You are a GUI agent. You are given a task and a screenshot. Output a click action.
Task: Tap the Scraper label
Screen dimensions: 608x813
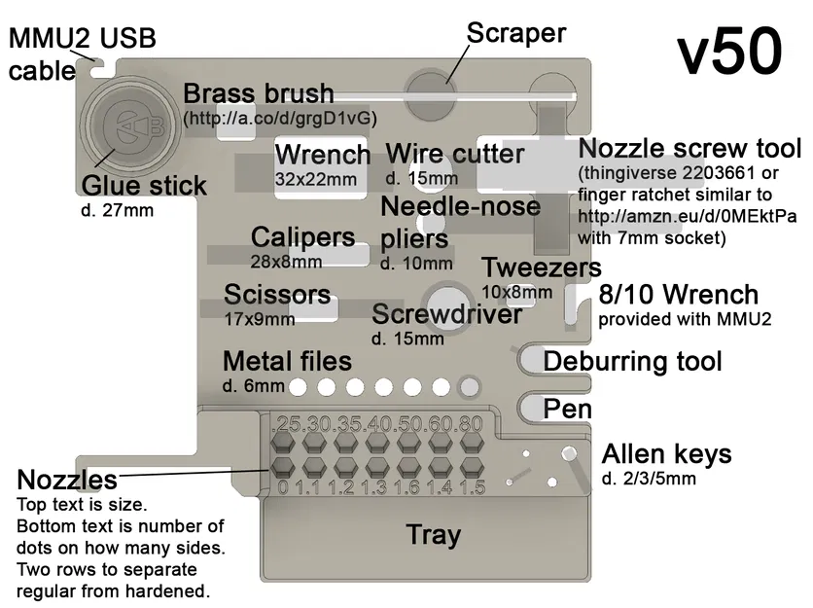point(516,33)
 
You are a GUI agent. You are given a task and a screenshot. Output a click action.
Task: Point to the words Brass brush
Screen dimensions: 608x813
point(259,95)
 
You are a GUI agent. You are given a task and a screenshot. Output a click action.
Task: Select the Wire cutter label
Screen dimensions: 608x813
point(455,155)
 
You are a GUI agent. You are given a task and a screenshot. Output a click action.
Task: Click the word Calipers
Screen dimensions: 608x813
point(302,237)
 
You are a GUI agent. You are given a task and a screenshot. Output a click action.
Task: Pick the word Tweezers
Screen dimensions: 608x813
point(541,268)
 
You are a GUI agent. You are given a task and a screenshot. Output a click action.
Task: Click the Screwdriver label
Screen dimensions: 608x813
point(446,314)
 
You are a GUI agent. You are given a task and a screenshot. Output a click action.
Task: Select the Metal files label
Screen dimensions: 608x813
point(287,362)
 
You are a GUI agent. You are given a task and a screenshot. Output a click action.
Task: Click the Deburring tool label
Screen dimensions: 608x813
point(632,362)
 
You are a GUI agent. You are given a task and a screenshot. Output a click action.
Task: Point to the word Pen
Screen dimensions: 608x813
point(567,409)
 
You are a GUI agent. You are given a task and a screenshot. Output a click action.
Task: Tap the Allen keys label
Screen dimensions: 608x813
point(667,454)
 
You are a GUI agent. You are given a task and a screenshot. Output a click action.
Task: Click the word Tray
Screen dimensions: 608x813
point(433,535)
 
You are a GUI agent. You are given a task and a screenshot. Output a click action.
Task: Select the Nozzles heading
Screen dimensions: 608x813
point(67,480)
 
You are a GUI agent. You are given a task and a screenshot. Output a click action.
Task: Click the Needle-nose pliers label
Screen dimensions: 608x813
point(459,222)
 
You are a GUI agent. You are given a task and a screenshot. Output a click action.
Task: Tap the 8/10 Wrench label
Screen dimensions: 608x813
point(678,296)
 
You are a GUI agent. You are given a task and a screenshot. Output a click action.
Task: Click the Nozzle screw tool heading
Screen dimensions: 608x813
point(689,149)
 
